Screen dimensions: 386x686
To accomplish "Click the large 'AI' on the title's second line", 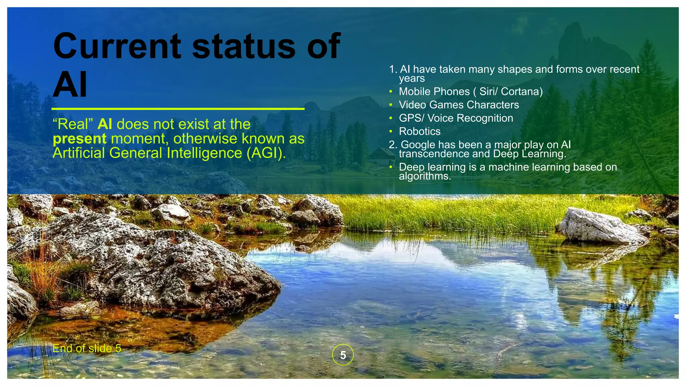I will coord(70,85).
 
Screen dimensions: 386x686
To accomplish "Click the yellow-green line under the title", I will coord(178,109).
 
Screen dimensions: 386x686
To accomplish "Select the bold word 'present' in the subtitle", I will coord(80,139).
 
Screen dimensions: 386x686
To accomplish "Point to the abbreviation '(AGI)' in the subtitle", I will coord(266,153).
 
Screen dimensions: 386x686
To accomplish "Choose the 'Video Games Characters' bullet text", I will coord(459,105).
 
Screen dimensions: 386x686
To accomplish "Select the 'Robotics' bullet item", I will coord(419,131).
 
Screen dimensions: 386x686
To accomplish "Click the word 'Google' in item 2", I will coord(418,144).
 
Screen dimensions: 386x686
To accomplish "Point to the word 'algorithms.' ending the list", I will coord(425,176).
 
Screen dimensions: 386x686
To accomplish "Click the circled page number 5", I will coord(343,355).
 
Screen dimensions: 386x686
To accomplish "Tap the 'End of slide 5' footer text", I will coord(87,348).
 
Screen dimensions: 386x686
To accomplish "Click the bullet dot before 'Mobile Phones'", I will coord(391,91).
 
